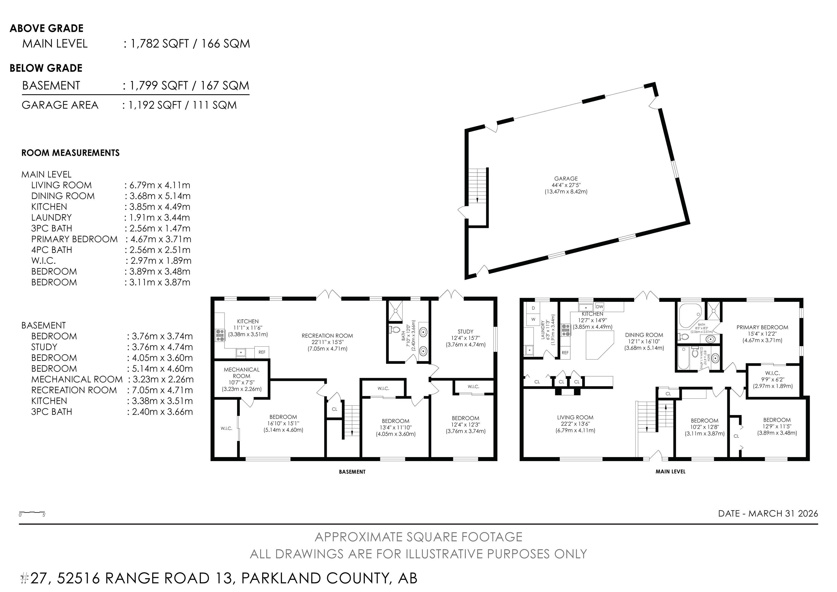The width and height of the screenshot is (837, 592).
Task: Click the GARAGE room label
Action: point(566,179)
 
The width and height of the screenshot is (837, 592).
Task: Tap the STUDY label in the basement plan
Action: point(466,332)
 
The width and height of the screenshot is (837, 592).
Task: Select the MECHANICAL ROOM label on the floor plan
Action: point(242,372)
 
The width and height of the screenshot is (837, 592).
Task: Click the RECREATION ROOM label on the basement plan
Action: point(327,336)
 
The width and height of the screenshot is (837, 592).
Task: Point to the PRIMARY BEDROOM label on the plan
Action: point(762,327)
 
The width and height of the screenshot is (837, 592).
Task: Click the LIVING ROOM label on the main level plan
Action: point(575,417)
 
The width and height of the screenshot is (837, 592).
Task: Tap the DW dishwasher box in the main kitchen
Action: point(600,306)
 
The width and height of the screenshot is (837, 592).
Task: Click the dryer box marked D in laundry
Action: point(533,308)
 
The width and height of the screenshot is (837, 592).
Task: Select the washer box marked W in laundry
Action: point(533,319)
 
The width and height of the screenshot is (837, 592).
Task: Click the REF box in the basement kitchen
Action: point(262,352)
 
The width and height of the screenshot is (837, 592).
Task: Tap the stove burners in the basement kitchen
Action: point(220,335)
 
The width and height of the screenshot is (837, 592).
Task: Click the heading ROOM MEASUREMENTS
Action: point(70,153)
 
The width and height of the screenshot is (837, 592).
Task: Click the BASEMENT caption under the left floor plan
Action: point(352,472)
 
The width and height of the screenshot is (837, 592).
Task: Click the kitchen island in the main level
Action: point(599,345)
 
